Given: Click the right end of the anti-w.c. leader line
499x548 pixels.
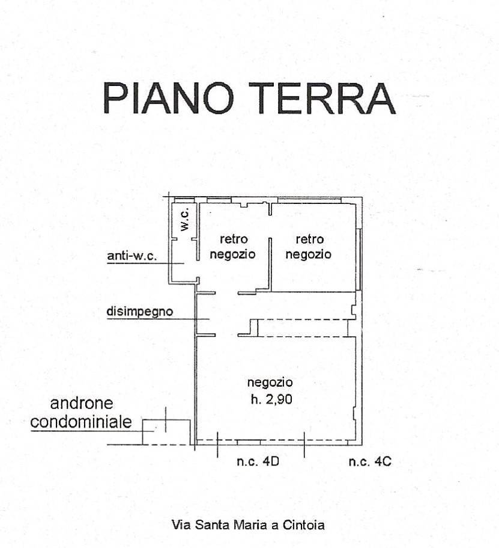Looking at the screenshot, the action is pos(184,263).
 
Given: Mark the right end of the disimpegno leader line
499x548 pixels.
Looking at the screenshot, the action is pos(210,319).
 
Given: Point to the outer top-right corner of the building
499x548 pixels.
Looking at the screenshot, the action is pos(362,197).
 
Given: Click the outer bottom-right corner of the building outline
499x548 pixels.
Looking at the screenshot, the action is pos(362,445).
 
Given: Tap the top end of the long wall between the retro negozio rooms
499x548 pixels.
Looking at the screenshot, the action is pos(270,238).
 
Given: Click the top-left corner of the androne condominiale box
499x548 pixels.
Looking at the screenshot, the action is pos(143,420).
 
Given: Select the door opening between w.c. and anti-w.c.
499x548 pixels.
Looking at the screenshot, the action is pos(184,239).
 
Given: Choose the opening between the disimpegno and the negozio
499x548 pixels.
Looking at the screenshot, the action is pos(226,335).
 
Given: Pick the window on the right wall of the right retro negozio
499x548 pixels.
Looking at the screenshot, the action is pos(359,259).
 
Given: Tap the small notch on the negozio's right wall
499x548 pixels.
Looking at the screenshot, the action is pos(354,413).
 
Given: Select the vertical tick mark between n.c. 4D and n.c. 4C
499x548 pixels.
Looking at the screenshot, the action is pos(304,445).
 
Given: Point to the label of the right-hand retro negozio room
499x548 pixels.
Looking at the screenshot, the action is pos(309,247).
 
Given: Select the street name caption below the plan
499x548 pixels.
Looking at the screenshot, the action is pos(248,525).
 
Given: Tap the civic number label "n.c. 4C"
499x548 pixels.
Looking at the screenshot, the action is pos(370,461).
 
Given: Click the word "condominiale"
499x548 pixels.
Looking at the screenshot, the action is pos(81,422).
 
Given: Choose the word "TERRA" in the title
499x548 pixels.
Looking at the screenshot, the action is pos(322,98).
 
